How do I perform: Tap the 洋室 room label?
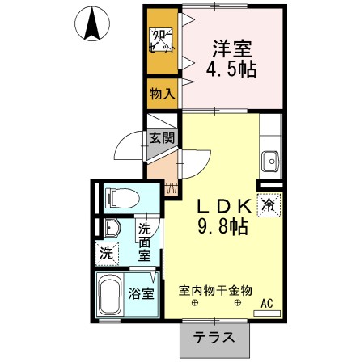[x=229, y=48]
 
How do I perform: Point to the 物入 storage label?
[x=161, y=94]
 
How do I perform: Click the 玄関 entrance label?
[x=161, y=138]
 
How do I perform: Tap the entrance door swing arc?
[x=129, y=145]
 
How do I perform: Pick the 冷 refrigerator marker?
[x=268, y=206]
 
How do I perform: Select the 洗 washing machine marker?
[x=106, y=252]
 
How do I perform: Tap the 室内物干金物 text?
[x=216, y=288]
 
